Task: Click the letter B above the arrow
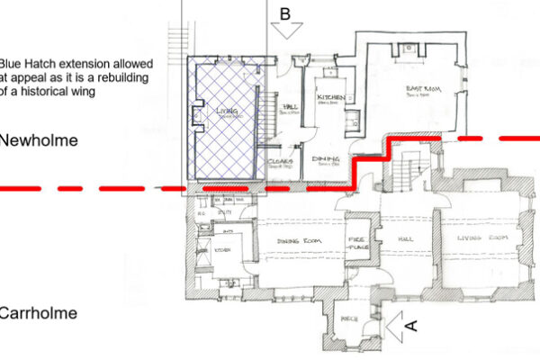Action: (285, 13)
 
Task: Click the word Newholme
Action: (38, 141)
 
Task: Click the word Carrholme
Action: (38, 314)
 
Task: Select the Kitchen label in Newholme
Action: (329, 96)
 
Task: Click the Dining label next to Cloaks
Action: (325, 159)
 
